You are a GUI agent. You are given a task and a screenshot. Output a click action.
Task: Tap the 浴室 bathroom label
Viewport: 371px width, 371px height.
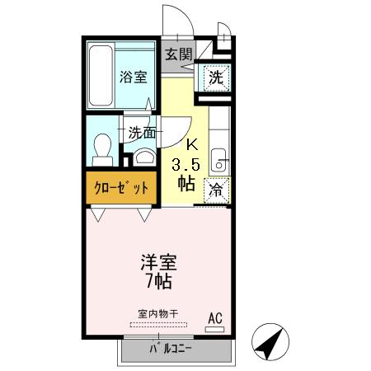(x=134, y=77)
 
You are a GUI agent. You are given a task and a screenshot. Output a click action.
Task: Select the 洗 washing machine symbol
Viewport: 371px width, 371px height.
(x=216, y=78)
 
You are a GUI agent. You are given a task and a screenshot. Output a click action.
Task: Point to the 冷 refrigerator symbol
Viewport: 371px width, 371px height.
(x=216, y=189)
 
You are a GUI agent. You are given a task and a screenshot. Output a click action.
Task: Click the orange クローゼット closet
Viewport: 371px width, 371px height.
(x=120, y=187)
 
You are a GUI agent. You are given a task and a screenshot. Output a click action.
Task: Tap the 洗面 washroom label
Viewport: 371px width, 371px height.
(x=141, y=131)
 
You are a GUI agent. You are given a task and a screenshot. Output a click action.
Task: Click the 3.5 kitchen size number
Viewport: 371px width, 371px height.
(x=185, y=164)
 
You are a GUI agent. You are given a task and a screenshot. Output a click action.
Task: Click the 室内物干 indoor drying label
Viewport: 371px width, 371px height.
(x=157, y=313)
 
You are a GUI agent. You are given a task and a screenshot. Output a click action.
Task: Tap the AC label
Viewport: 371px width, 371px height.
(x=214, y=317)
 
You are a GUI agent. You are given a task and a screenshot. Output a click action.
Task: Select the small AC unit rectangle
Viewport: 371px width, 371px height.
(x=214, y=329)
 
